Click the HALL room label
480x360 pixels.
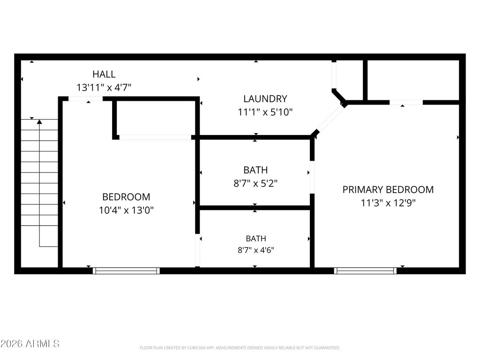coord(104,74)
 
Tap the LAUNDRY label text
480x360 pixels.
coord(265,99)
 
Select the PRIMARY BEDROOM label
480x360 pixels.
coord(388,190)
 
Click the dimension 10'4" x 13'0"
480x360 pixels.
coord(126,210)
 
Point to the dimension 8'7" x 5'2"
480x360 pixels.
coord(255,183)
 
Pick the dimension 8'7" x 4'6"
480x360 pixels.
coord(256,250)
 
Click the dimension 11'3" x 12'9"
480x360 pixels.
coord(388,203)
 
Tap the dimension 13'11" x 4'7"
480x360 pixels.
coord(104,88)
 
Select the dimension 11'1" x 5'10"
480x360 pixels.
coord(265,112)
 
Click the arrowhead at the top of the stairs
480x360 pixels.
coord(39,122)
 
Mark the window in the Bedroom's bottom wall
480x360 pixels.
coord(126,270)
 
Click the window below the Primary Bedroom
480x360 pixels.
coord(365,270)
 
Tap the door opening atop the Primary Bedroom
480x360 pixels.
coord(406,103)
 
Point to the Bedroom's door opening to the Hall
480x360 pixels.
coord(85,98)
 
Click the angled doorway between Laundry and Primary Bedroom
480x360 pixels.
coord(330,119)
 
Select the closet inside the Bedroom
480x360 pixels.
coord(156,118)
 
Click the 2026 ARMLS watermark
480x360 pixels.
coord(30,344)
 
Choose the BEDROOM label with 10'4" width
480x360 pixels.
coord(126,197)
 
